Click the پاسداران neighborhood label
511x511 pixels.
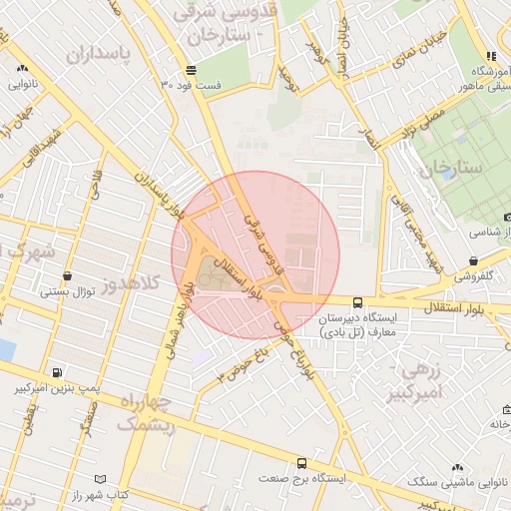click(x=99, y=53)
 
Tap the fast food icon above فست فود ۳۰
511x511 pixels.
click(x=191, y=69)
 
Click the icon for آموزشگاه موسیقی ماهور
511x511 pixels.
click(x=490, y=57)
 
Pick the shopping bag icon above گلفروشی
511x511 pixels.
click(x=472, y=261)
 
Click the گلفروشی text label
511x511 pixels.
click(x=471, y=277)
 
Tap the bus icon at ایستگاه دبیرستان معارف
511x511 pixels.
click(x=357, y=301)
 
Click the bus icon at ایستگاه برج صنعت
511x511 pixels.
click(x=301, y=463)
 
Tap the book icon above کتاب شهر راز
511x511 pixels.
click(x=98, y=479)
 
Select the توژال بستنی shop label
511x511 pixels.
click(x=67, y=292)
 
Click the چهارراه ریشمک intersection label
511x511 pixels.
click(x=146, y=413)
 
